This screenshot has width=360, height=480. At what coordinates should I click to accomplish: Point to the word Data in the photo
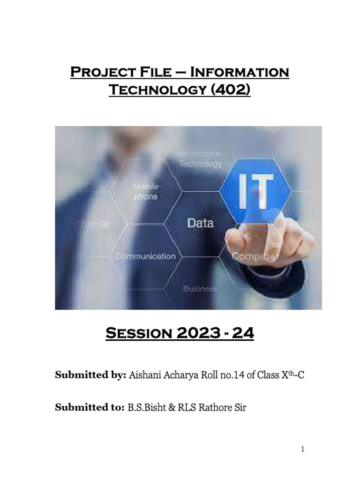pos(200,223)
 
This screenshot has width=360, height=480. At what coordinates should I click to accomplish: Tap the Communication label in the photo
pos(146,256)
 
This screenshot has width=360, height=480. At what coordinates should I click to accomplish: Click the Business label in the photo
pos(200,289)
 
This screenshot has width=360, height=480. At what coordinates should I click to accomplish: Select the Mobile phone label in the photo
pos(146,191)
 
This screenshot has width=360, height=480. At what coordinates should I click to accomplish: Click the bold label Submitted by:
pos(90,375)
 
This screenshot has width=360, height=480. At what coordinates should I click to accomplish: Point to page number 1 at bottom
pos(303,449)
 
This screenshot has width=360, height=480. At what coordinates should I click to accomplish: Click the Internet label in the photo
pos(90,224)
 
